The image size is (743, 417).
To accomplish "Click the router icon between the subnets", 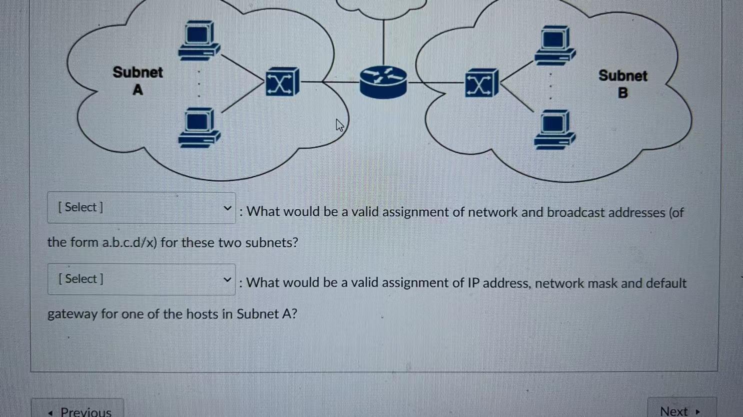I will [383, 82].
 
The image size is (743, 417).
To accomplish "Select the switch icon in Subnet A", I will [282, 82].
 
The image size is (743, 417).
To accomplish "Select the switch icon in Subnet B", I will [481, 83].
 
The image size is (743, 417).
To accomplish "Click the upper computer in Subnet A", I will [199, 40].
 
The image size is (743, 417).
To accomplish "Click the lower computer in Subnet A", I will [199, 127].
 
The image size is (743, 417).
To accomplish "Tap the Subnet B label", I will [622, 84].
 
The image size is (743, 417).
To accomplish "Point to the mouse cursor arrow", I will [339, 125].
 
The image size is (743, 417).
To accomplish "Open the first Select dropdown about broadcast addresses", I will [141, 208].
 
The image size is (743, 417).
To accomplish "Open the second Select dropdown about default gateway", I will [141, 279].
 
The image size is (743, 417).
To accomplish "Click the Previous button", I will [78, 411].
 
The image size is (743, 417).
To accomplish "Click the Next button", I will [680, 411].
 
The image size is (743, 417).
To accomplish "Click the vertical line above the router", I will [383, 42].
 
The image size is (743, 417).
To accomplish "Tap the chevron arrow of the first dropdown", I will [227, 208].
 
